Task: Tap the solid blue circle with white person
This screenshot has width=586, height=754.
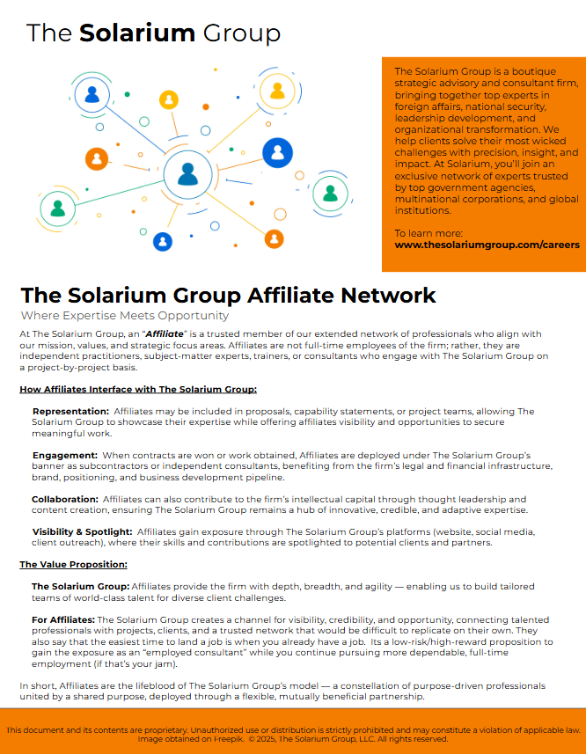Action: pyautogui.click(x=278, y=154)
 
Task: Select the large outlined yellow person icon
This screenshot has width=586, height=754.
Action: pyautogui.click(x=276, y=91)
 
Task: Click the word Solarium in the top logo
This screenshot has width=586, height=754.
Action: pyautogui.click(x=137, y=33)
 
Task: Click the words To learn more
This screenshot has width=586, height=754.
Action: pyautogui.click(x=426, y=233)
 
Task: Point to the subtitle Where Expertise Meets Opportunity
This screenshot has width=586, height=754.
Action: pyautogui.click(x=124, y=315)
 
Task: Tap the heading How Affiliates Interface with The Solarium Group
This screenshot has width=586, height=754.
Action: pyautogui.click(x=138, y=388)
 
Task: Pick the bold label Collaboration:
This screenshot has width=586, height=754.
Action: pyautogui.click(x=65, y=499)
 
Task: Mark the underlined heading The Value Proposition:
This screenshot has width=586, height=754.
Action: pyautogui.click(x=73, y=564)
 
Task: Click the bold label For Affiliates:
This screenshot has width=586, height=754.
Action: pyautogui.click(x=63, y=620)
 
